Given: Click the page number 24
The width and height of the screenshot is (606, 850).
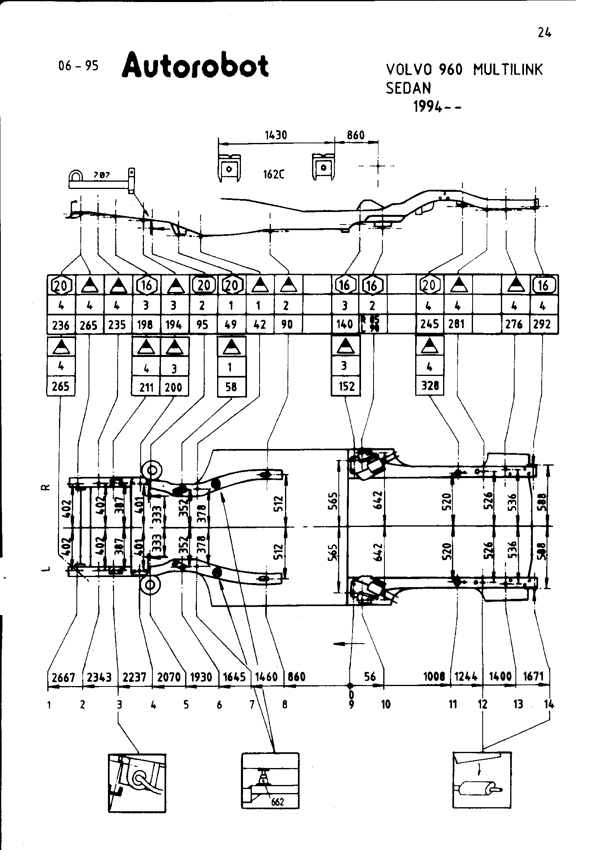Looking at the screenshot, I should (545, 33).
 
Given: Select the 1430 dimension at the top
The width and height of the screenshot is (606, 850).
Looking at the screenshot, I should (276, 135).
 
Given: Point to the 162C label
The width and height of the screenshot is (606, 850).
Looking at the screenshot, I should (274, 174).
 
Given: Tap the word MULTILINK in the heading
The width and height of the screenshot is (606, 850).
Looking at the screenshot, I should (508, 70).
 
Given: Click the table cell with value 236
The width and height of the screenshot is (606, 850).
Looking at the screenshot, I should (61, 325).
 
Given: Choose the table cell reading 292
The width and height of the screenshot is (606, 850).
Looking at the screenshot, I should (543, 325).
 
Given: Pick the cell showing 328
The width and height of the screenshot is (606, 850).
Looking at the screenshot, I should (430, 386).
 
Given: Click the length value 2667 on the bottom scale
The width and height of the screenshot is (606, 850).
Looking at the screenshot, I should (63, 677).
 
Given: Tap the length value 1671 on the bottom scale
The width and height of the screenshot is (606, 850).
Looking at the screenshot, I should (533, 676).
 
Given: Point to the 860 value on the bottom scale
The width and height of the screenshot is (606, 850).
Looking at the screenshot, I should (296, 677).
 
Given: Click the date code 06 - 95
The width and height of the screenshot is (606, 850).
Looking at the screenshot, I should (78, 66).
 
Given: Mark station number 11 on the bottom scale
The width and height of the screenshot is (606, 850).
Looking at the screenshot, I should (453, 705).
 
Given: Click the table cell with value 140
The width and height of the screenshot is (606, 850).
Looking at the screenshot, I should (345, 325).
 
